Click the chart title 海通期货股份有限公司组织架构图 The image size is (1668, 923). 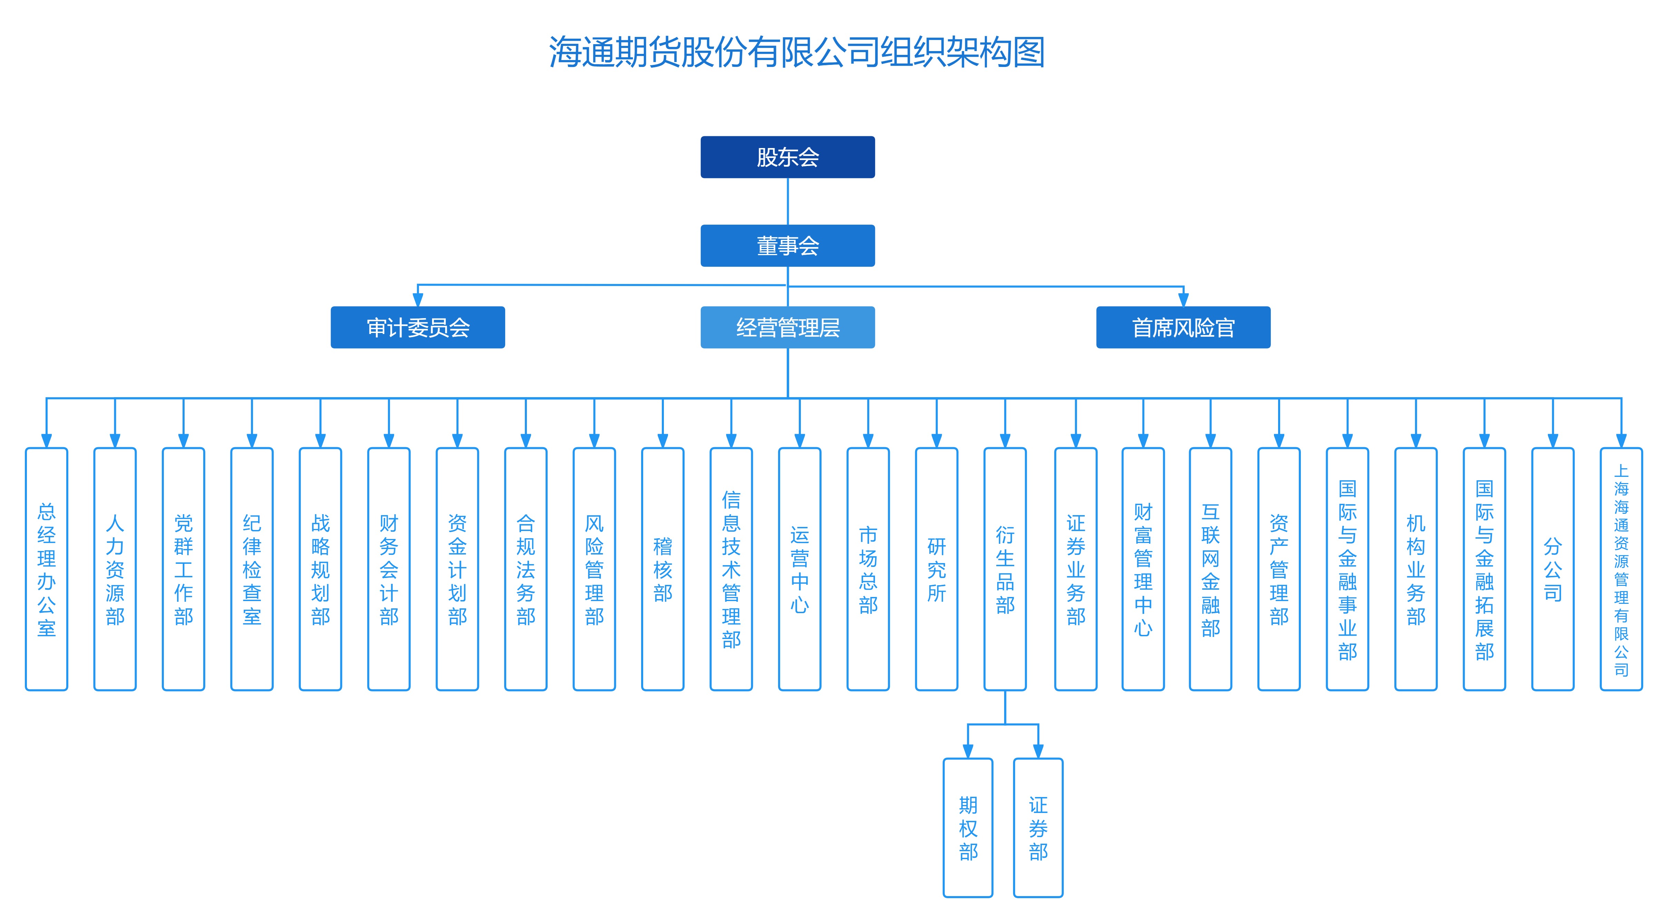[x=796, y=52]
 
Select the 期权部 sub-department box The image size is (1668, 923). [x=968, y=828]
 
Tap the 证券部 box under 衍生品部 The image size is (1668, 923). [x=1038, y=828]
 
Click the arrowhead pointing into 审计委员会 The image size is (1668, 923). [x=418, y=300]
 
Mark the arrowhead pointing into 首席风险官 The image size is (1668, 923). [x=1183, y=300]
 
